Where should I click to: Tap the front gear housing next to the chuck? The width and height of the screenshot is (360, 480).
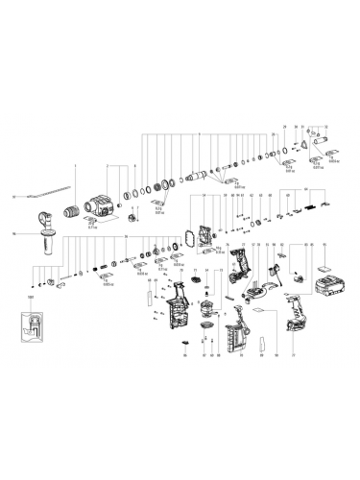[101, 205]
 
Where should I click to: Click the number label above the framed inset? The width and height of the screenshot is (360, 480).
[30, 299]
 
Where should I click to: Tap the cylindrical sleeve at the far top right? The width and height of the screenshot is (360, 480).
[330, 148]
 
